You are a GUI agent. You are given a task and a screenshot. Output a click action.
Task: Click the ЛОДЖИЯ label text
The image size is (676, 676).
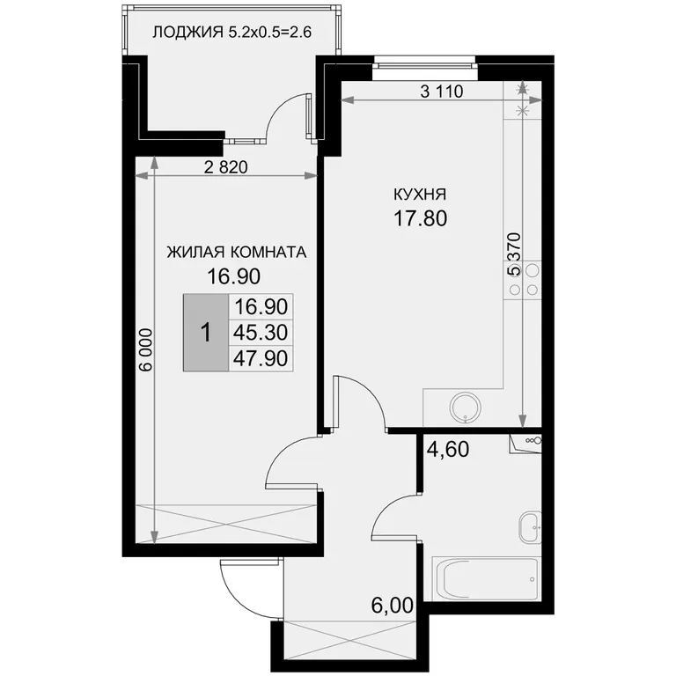(188, 33)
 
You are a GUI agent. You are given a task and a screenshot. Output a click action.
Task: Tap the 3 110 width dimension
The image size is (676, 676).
(442, 92)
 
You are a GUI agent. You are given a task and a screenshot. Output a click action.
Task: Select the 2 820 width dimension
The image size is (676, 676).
(226, 167)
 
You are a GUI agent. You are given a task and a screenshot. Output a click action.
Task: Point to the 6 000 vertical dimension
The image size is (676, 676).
(147, 349)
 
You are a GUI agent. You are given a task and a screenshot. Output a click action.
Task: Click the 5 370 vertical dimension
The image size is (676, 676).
(514, 254)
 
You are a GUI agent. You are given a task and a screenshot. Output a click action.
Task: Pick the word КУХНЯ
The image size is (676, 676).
(420, 195)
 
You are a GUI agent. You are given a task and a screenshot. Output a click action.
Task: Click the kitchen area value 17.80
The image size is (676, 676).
(421, 218)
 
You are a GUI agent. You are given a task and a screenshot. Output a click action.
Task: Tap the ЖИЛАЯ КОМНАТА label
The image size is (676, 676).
(236, 253)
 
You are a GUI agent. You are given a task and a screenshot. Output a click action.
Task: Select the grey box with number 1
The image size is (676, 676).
(206, 333)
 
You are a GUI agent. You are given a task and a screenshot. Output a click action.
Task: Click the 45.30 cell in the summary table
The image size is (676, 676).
(261, 333)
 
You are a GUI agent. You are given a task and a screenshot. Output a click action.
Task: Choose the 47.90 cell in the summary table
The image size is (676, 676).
(261, 358)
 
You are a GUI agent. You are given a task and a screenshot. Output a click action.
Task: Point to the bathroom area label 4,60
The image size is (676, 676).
(447, 449)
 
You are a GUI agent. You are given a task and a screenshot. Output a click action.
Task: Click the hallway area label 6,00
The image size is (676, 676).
(392, 606)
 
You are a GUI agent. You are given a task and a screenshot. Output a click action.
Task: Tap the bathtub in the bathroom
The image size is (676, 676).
(486, 578)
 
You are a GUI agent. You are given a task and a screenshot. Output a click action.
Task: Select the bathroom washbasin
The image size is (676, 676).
(530, 528)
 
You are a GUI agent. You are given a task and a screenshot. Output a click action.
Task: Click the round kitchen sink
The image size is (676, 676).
(466, 408)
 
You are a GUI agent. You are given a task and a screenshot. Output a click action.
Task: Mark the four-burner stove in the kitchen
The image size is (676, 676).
(523, 279)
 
